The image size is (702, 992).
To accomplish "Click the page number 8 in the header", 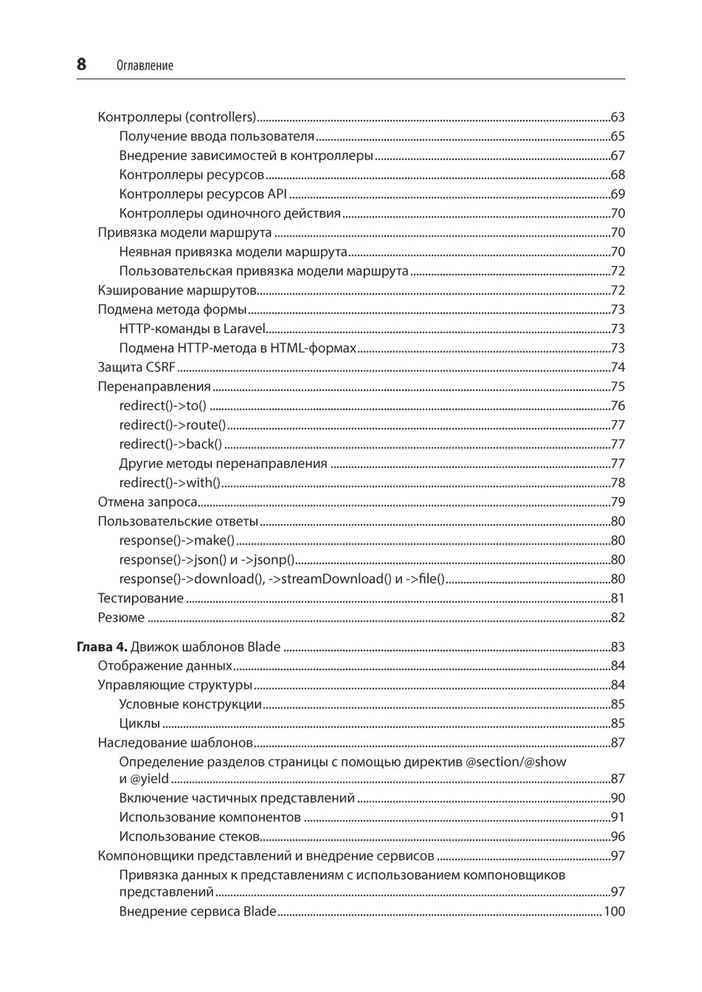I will point(81,65).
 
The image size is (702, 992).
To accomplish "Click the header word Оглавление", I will point(144,65).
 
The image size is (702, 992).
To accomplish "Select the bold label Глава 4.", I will point(102,646).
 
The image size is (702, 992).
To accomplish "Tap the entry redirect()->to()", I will point(163,405).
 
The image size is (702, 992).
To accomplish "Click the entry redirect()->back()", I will point(171,444).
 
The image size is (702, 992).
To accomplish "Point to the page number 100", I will point(614,911).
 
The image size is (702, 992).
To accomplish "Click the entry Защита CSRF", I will point(137,367).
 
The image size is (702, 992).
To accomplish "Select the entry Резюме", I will point(121,618).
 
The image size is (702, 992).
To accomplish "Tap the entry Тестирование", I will point(140,599).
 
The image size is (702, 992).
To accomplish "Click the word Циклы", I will point(140,723).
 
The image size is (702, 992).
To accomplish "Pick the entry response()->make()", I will point(177,540).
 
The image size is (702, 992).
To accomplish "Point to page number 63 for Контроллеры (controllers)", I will point(618,117).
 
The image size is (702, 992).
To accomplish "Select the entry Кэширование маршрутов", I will point(177,290).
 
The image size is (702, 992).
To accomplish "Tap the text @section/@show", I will point(516,762).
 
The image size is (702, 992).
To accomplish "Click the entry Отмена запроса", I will point(147,502).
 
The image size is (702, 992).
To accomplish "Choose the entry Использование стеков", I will point(190,836).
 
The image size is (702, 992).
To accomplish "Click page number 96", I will point(618,836).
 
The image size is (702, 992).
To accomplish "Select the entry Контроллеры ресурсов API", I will point(203,194).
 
